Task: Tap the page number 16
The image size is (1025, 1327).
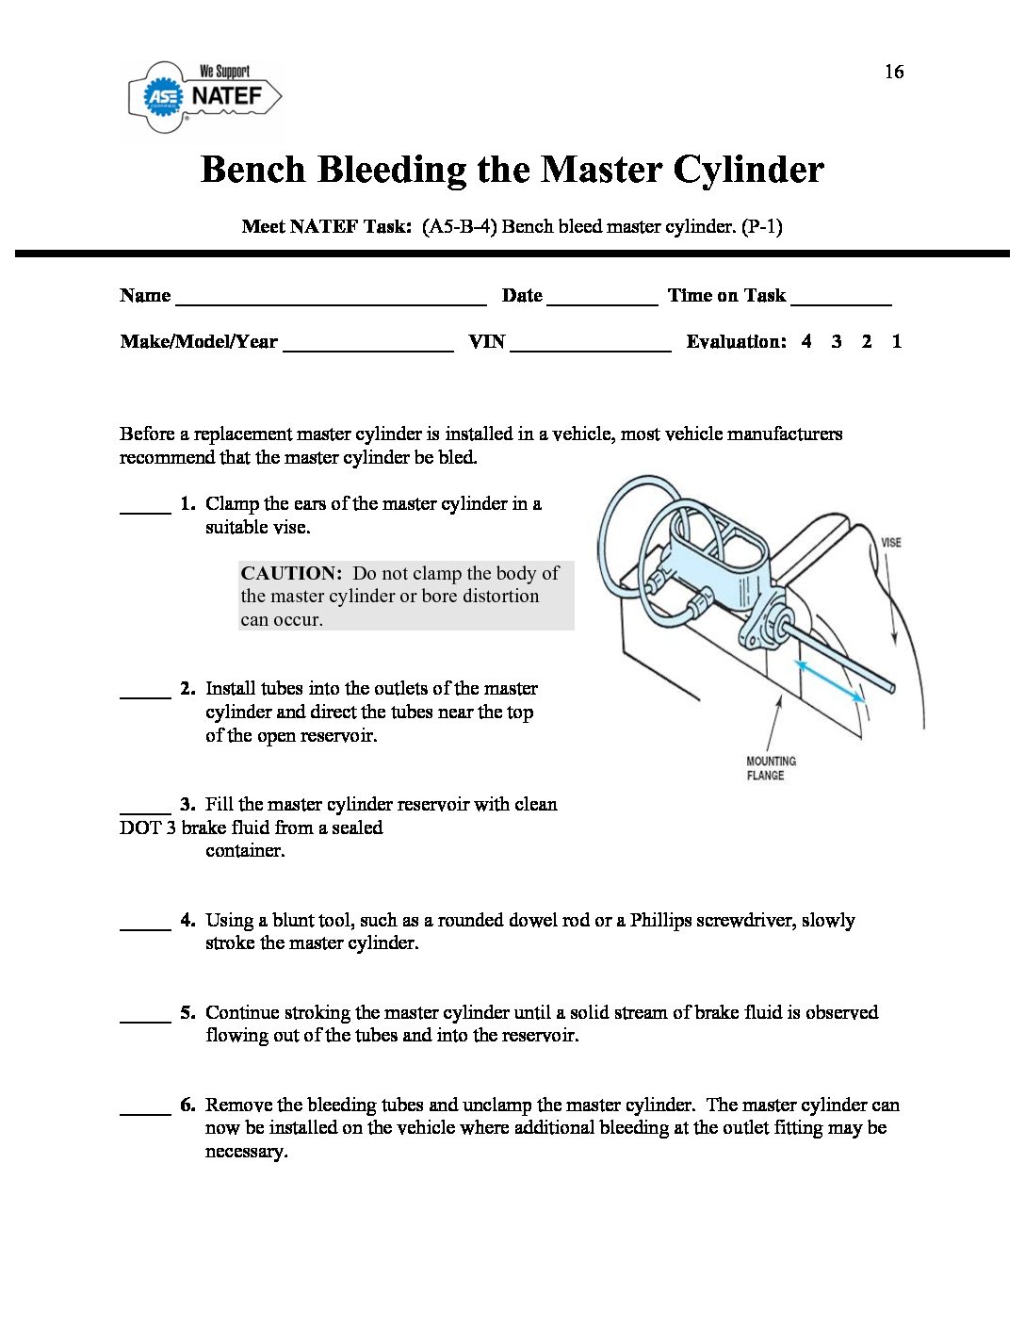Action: pyautogui.click(x=893, y=72)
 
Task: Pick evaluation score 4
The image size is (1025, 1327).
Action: pyautogui.click(x=806, y=342)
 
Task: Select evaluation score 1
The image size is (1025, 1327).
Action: pyautogui.click(x=896, y=342)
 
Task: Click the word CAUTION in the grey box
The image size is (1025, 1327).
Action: pyautogui.click(x=290, y=573)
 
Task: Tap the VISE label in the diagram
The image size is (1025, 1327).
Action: pyautogui.click(x=890, y=543)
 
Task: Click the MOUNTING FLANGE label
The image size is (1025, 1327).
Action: pyautogui.click(x=771, y=768)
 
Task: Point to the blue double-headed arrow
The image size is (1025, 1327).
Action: pyautogui.click(x=830, y=681)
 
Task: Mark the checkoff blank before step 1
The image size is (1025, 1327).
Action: pyautogui.click(x=145, y=510)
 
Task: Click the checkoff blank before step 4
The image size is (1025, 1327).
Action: pyautogui.click(x=145, y=927)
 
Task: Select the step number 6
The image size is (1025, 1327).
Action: pyautogui.click(x=187, y=1105)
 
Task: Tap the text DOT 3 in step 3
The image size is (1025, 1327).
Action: pyautogui.click(x=148, y=827)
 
